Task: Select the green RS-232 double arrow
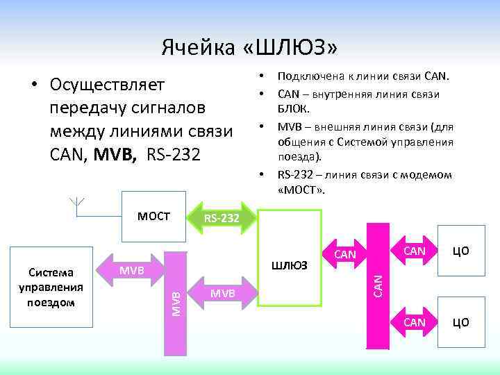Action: pos(220,219)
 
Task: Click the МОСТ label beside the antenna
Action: pos(153,215)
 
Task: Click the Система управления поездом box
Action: pos(56,287)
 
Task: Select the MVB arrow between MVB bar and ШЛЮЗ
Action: pos(222,294)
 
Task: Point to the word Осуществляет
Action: pos(108,85)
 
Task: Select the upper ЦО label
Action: pos(461,249)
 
